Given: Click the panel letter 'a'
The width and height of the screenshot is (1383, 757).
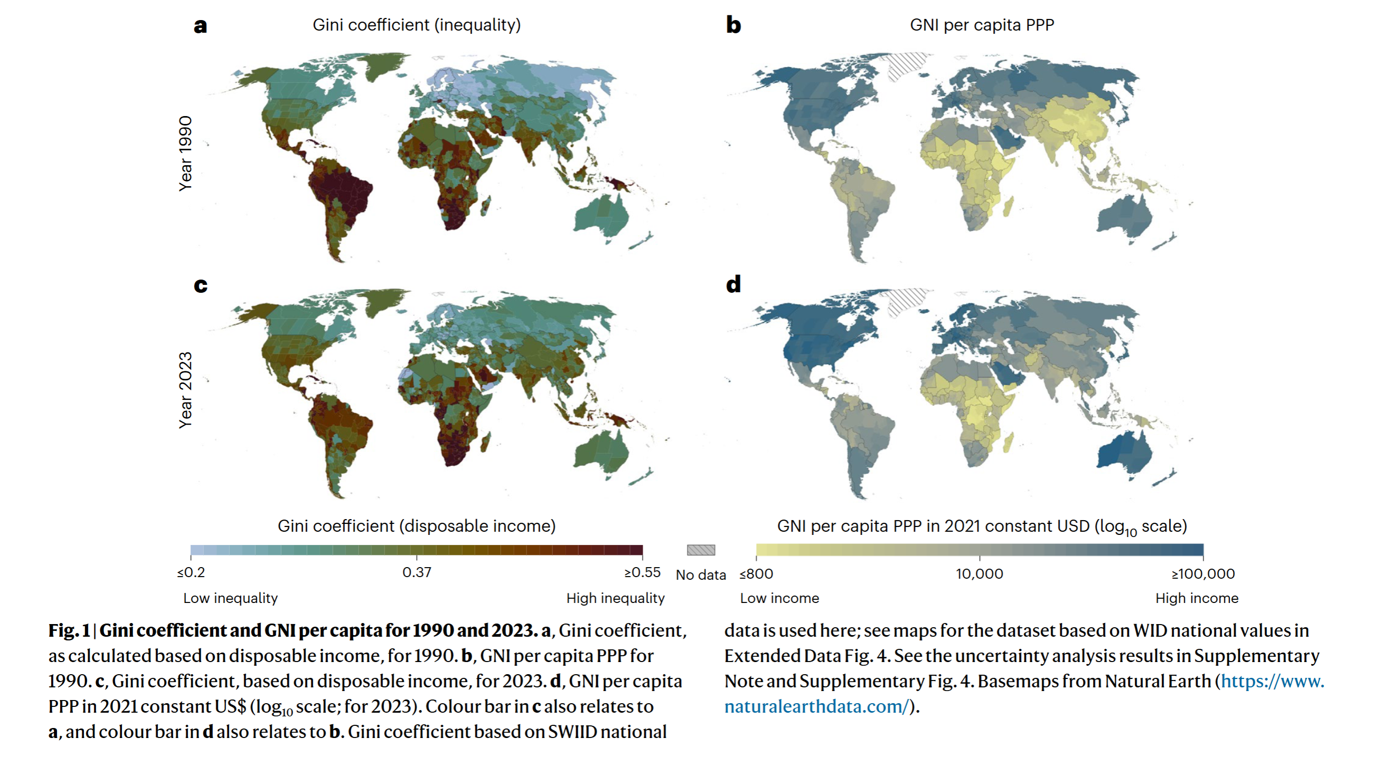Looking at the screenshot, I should tap(200, 26).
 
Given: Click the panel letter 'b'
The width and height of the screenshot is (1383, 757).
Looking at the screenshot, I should tap(733, 25).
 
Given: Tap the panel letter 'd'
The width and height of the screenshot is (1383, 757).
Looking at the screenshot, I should tap(733, 284).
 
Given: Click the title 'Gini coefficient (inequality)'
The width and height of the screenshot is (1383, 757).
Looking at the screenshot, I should tap(417, 25).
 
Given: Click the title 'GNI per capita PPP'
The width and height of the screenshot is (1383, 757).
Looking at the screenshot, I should tap(982, 25).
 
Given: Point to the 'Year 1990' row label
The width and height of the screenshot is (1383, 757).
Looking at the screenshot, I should tap(185, 154).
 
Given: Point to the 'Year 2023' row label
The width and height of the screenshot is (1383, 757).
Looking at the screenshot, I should tap(185, 390).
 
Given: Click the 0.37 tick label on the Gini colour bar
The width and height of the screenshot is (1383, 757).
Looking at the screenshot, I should tap(417, 572).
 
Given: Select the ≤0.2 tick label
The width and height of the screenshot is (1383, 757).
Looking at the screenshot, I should tap(191, 572).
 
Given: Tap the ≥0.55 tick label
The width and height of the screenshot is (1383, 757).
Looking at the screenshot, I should tap(642, 572).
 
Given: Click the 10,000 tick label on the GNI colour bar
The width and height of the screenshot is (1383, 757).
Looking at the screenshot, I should tap(979, 573).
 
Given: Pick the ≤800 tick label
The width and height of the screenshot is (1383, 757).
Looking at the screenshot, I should tap(756, 573).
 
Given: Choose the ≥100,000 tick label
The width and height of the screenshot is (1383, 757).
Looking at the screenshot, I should tap(1202, 573).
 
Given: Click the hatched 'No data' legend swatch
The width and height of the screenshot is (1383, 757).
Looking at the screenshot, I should tap(701, 550).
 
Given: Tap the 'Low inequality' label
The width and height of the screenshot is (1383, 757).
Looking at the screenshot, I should tap(230, 598).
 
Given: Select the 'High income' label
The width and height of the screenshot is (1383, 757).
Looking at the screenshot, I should tap(1197, 598).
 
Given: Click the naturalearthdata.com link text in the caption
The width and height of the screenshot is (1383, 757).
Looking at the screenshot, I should tap(816, 706).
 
